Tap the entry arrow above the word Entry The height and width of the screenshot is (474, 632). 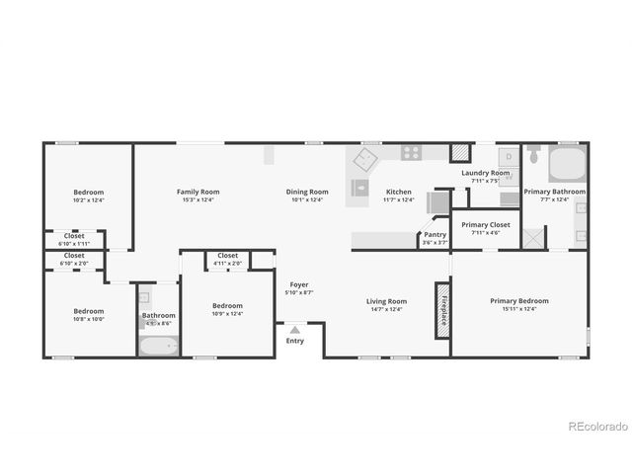(294, 330)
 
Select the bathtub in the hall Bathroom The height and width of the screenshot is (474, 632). (158, 346)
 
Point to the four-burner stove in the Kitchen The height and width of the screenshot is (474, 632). (411, 153)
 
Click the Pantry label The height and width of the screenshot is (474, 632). (435, 234)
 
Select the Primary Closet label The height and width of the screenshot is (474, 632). (486, 224)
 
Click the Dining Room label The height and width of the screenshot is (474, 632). (307, 192)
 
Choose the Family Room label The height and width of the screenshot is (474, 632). (197, 192)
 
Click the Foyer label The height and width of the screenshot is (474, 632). (299, 284)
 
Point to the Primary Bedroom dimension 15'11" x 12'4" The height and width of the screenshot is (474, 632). (519, 309)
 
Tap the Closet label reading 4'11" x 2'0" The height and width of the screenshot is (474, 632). (228, 263)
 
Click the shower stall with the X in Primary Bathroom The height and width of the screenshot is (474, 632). (534, 237)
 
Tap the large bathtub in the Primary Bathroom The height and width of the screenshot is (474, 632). (567, 163)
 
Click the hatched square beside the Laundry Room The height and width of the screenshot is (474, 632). (460, 153)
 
